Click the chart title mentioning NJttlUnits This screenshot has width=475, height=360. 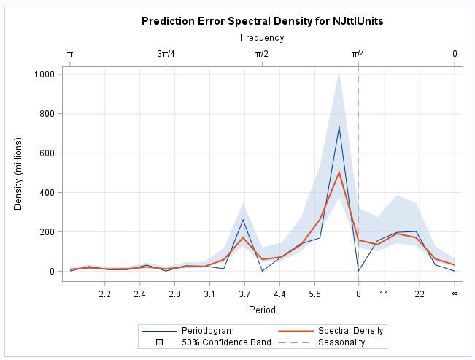click(x=262, y=21)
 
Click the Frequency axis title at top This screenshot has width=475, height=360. click(x=262, y=38)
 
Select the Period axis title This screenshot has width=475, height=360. click(x=262, y=310)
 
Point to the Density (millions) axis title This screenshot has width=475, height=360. click(x=19, y=172)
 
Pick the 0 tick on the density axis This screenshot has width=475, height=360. click(x=51, y=272)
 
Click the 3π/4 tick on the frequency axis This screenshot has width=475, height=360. click(x=166, y=54)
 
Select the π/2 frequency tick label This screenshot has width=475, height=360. click(x=262, y=54)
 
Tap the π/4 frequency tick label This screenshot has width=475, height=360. click(x=358, y=54)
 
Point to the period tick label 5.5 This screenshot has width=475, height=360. click(x=314, y=294)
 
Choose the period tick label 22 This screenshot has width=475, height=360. click(x=420, y=294)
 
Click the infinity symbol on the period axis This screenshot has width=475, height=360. click(x=455, y=294)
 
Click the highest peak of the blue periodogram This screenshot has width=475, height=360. click(x=339, y=126)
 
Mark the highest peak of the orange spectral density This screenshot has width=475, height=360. click(x=339, y=172)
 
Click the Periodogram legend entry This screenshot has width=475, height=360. click(x=208, y=331)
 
